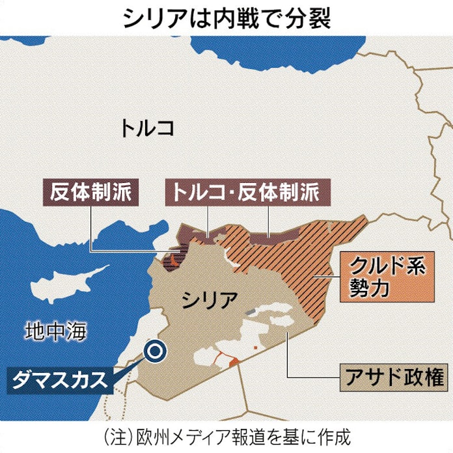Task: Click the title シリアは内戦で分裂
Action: (226, 18)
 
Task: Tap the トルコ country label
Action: (146, 128)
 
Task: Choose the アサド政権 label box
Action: (392, 377)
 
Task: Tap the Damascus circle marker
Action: (156, 351)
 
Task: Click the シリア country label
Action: (210, 301)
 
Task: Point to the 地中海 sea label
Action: (56, 331)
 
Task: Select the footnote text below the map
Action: (226, 435)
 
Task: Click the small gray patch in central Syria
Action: (250, 312)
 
